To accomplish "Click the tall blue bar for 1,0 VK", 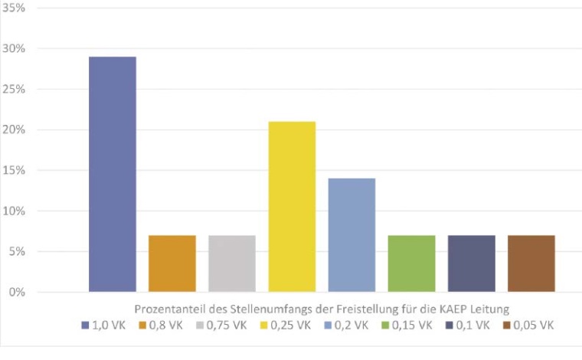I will pos(113,175).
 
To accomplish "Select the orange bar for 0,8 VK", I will pos(172,263).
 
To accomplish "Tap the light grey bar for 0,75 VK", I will pos(232,263).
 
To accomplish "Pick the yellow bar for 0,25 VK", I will pos(292,207).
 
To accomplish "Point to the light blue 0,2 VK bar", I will pos(351,235).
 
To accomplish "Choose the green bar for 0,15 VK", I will pos(411,263).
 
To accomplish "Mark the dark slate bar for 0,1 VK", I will pos(471,263).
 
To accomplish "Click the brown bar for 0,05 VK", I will pos(531,263).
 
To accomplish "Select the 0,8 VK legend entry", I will pos(161,325).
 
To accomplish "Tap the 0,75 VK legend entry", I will pos(221,325).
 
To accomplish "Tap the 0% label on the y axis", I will pos(18,293).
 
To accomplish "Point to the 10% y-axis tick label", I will pos(15,211).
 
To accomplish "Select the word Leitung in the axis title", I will pos(491,309).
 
